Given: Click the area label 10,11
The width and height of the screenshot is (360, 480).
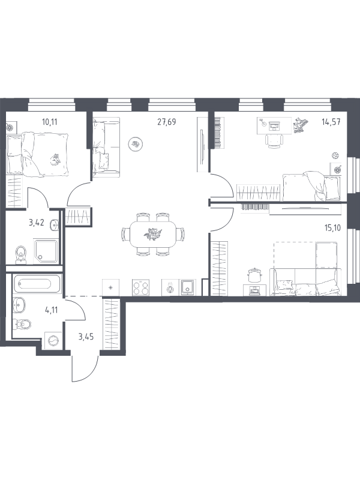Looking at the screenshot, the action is (x=50, y=122).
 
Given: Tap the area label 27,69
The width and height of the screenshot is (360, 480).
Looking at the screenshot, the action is (x=167, y=122).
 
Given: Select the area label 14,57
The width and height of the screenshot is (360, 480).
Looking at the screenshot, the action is (x=331, y=122).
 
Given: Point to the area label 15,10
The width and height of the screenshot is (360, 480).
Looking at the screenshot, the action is (x=332, y=228).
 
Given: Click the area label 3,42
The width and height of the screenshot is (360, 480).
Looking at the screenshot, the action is (x=37, y=222).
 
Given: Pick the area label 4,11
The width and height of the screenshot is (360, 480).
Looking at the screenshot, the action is (x=52, y=310).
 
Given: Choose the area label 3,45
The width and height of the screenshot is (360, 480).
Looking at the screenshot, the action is (x=86, y=337).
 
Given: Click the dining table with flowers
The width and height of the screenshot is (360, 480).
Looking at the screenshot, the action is (x=153, y=234).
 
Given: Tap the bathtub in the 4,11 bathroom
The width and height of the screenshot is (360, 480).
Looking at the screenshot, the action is (x=35, y=284).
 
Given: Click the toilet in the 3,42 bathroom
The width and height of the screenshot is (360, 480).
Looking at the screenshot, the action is (x=21, y=254).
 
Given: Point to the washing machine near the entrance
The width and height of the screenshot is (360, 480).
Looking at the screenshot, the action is (x=53, y=340).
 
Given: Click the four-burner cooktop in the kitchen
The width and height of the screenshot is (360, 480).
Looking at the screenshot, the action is (x=141, y=288).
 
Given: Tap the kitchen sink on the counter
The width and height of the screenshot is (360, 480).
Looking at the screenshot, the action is (x=187, y=287).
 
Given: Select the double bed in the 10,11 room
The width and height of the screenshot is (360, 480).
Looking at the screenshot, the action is (x=37, y=154).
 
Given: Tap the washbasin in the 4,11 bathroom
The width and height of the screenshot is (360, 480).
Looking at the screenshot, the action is (x=19, y=305).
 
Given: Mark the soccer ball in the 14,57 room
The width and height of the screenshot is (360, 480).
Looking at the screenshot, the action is (x=336, y=155).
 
